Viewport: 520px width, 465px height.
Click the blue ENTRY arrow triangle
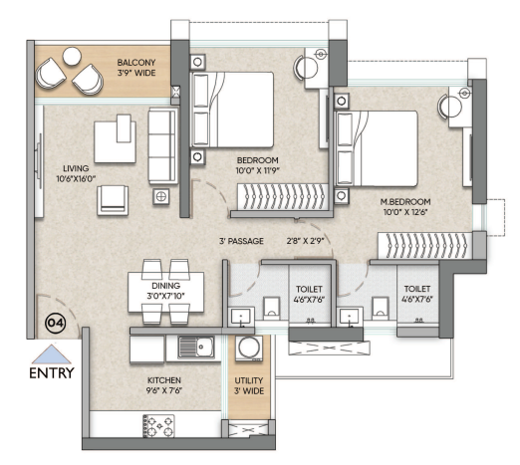(52, 354)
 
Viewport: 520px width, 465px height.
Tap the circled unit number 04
(56, 323)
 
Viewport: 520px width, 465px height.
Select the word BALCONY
(136, 63)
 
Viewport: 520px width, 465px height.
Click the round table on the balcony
(72, 56)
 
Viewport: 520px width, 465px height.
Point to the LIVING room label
(76, 168)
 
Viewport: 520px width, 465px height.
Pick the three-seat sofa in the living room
(162, 145)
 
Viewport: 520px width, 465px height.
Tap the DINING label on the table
(166, 286)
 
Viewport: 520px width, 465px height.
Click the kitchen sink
(196, 347)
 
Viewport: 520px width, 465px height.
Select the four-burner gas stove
(158, 426)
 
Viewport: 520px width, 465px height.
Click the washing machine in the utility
(249, 349)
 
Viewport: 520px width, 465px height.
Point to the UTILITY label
(249, 380)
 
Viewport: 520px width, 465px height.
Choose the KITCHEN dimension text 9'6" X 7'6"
(164, 390)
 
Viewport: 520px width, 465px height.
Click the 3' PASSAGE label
(241, 241)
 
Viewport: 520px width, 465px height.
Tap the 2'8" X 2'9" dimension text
(306, 241)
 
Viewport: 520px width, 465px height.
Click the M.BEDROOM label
(405, 201)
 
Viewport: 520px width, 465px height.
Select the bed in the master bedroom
(377, 148)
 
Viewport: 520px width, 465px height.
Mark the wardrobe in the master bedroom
(425, 246)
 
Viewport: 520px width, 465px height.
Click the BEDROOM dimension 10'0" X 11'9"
(258, 170)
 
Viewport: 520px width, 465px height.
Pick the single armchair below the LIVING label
(113, 200)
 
